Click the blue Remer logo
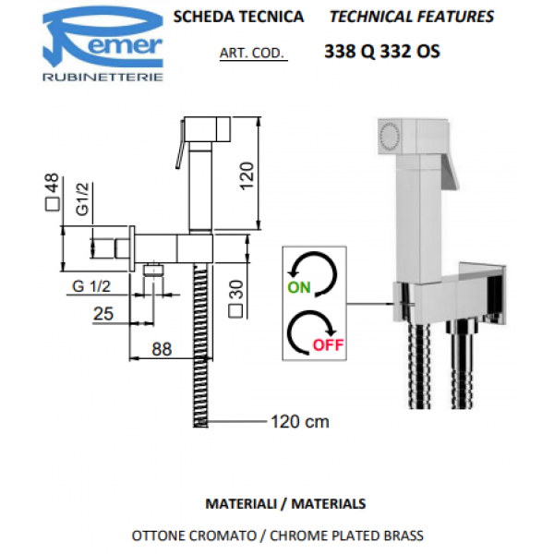pos(102,37)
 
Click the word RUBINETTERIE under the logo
pos(102,77)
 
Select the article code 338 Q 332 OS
pos(382,52)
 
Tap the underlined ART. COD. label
pos(252,53)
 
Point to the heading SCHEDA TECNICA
pos(238,17)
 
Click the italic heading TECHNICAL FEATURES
pos(412,17)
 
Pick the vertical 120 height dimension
pos(247,175)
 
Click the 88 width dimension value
pos(162,349)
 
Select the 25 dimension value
pos(103,313)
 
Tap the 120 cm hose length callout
pos(300,422)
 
